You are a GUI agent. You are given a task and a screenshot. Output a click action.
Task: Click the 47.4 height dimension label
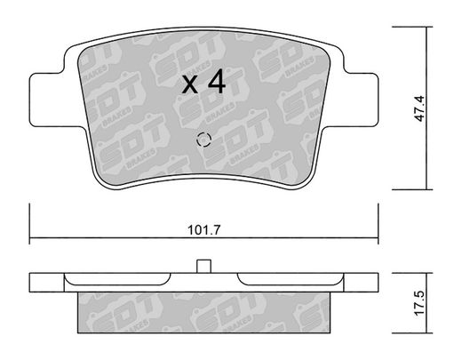419,108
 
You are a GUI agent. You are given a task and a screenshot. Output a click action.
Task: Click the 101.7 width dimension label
204,230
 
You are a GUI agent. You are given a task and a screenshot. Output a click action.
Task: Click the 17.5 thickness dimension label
419,303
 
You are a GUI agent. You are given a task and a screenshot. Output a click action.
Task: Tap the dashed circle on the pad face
203,139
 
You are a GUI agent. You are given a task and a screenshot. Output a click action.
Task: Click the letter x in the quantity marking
189,84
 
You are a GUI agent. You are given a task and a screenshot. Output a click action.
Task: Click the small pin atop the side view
203,266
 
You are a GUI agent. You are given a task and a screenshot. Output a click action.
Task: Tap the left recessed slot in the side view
117,279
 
